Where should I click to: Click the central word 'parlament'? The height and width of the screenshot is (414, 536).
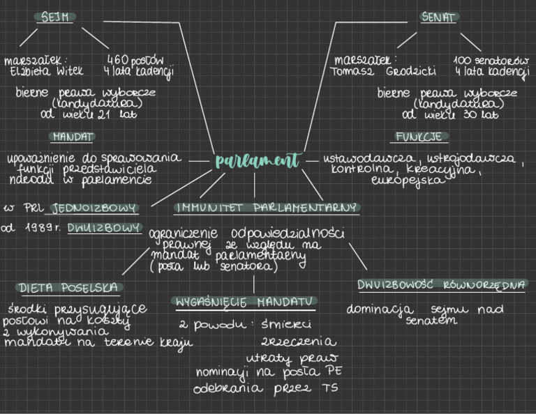pyautogui.click(x=257, y=161)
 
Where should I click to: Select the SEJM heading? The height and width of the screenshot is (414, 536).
pyautogui.click(x=56, y=17)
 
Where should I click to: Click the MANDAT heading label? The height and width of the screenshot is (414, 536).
pyautogui.click(x=73, y=137)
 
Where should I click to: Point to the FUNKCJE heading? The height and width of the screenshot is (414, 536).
pyautogui.click(x=421, y=137)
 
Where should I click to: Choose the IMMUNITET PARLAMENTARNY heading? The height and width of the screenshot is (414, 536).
pyautogui.click(x=267, y=208)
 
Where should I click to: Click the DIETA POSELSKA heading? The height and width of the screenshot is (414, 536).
pyautogui.click(x=69, y=287)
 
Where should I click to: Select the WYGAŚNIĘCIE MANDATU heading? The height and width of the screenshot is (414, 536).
pyautogui.click(x=243, y=302)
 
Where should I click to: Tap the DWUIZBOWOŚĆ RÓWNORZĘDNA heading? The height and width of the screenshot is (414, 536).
pyautogui.click(x=442, y=284)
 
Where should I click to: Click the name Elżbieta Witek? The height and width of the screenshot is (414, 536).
pyautogui.click(x=46, y=70)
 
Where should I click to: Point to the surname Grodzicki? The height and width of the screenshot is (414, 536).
pyautogui.click(x=411, y=70)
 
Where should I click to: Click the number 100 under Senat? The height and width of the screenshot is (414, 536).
pyautogui.click(x=463, y=59)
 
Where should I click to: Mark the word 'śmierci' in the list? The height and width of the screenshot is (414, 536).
pyautogui.click(x=286, y=324)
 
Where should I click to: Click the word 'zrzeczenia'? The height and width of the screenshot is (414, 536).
pyautogui.click(x=299, y=342)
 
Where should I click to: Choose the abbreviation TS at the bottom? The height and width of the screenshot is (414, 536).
pyautogui.click(x=329, y=388)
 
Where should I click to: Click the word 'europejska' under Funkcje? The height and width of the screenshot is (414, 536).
pyautogui.click(x=399, y=181)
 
